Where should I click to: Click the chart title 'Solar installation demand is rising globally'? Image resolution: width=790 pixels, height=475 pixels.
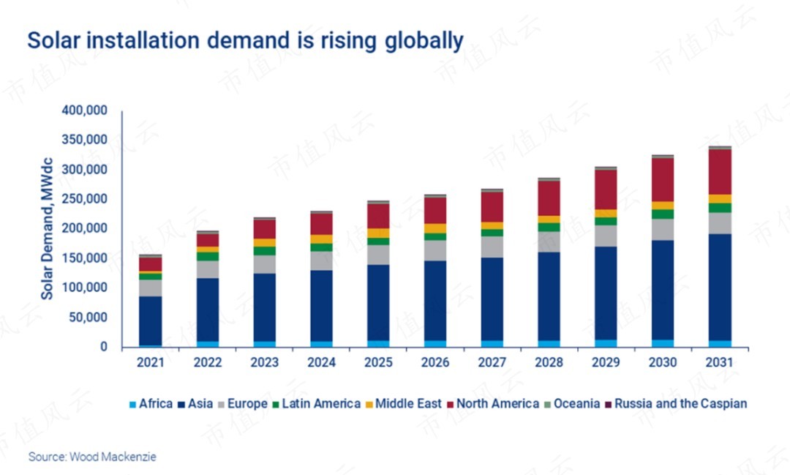pos(245,40)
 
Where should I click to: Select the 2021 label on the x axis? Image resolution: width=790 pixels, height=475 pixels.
pos(151,362)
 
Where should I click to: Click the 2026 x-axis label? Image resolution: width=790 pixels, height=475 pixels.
pos(435,362)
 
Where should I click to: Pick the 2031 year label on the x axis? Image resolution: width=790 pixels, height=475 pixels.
pos(720,362)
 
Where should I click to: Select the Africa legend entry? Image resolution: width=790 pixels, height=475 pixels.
pos(151,403)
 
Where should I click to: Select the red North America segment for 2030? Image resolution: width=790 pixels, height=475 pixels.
pos(663,179)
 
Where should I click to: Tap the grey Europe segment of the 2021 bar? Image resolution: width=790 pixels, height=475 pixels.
pos(151,288)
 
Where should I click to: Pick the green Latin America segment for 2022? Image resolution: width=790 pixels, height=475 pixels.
pos(208,257)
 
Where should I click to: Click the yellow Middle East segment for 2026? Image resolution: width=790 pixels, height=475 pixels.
pos(435,228)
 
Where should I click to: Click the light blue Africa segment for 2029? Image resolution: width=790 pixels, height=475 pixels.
pos(606,343)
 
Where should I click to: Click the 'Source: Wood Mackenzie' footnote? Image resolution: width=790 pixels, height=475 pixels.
pos(92,457)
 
